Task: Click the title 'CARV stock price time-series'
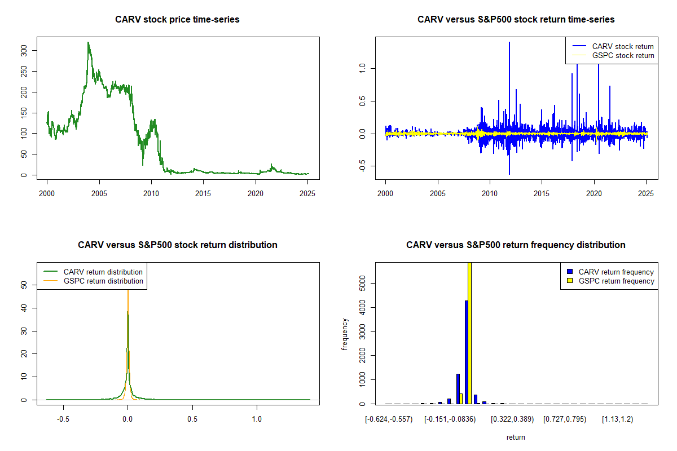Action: (x=177, y=19)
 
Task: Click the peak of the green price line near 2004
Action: (x=88, y=42)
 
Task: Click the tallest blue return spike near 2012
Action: (x=509, y=43)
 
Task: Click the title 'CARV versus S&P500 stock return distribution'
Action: (x=177, y=245)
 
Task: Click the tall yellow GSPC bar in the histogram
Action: (x=469, y=333)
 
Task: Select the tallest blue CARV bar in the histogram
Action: (x=466, y=352)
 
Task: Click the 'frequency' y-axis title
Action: (x=345, y=335)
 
